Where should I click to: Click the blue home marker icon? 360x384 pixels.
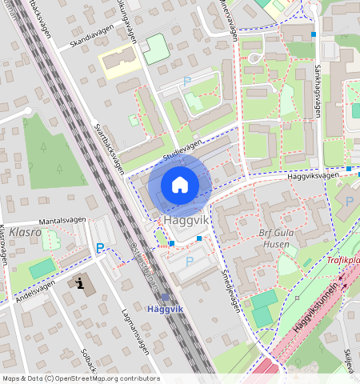coord(180,185)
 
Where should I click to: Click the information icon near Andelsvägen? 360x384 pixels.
coord(81,283)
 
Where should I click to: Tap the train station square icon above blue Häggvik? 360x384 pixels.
coord(165,296)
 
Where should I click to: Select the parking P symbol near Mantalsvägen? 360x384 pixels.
coord(100,249)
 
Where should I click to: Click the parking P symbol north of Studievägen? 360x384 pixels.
coord(187,81)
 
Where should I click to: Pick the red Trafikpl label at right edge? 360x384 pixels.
coord(342,260)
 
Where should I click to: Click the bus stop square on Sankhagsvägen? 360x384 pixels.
coord(314,34)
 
